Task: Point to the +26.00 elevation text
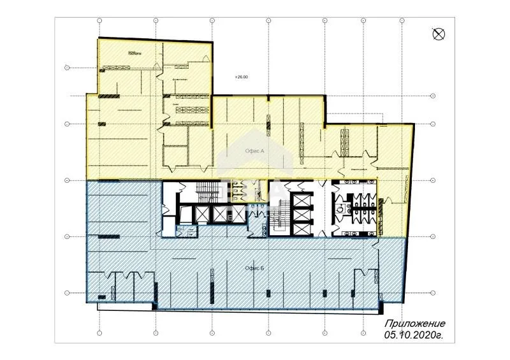click(241, 77)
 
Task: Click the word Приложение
click(414, 323)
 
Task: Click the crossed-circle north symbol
click(439, 34)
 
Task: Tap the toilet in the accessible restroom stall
click(342, 206)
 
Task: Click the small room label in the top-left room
click(133, 53)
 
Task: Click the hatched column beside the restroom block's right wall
click(381, 207)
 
